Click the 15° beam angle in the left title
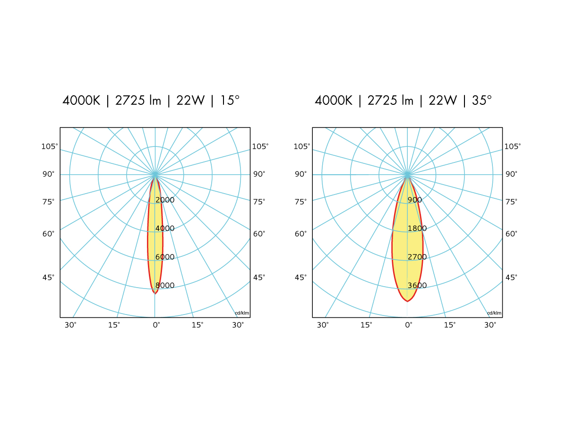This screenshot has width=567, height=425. point(231,101)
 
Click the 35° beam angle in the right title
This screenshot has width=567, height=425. point(482,101)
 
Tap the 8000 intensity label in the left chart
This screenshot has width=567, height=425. point(165,286)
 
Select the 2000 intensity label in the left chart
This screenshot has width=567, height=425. point(165,200)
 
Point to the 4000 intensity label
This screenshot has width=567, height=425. point(165,229)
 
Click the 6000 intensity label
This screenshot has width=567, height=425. point(165,257)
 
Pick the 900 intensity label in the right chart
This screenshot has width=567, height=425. point(415,200)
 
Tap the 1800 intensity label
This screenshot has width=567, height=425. point(417,229)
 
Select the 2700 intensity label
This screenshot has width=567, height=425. point(417,257)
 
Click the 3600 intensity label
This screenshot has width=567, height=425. point(417,286)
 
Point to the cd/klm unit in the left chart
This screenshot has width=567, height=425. point(242,313)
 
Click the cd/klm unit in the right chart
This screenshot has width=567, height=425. point(494,313)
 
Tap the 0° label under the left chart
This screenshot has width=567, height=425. point(156,325)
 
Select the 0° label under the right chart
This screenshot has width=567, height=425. point(408,325)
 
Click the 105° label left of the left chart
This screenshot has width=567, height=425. point(50,146)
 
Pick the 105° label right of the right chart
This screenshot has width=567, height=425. point(513,146)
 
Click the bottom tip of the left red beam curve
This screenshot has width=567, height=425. point(155,294)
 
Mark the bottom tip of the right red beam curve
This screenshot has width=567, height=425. point(407,301)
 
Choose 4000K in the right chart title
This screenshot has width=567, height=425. point(334,101)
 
